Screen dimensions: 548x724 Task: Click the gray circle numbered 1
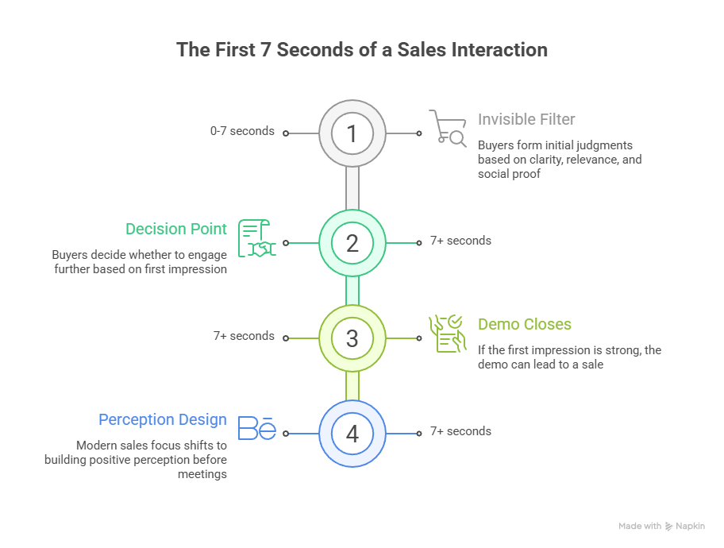[x=352, y=133]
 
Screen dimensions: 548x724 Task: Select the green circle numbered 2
[x=352, y=242]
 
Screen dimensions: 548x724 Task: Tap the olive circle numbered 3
[x=352, y=338]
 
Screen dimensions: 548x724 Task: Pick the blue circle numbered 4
[x=352, y=434]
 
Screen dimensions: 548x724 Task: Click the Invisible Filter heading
[x=526, y=120]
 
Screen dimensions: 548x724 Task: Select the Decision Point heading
[x=176, y=229]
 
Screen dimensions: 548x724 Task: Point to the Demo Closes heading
[x=524, y=324]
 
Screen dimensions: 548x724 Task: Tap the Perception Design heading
[x=163, y=419]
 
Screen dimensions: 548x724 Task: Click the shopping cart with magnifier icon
[x=448, y=128]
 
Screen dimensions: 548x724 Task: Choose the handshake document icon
[x=256, y=238]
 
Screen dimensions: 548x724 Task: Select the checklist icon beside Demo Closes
[x=447, y=334]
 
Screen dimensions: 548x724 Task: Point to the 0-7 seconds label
[x=242, y=131]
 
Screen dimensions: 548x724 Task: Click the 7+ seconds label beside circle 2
[x=460, y=241]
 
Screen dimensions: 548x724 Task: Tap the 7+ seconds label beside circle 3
[x=244, y=336]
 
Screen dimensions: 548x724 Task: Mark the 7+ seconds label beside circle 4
[x=460, y=431]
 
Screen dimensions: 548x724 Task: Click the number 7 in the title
[x=268, y=50]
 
